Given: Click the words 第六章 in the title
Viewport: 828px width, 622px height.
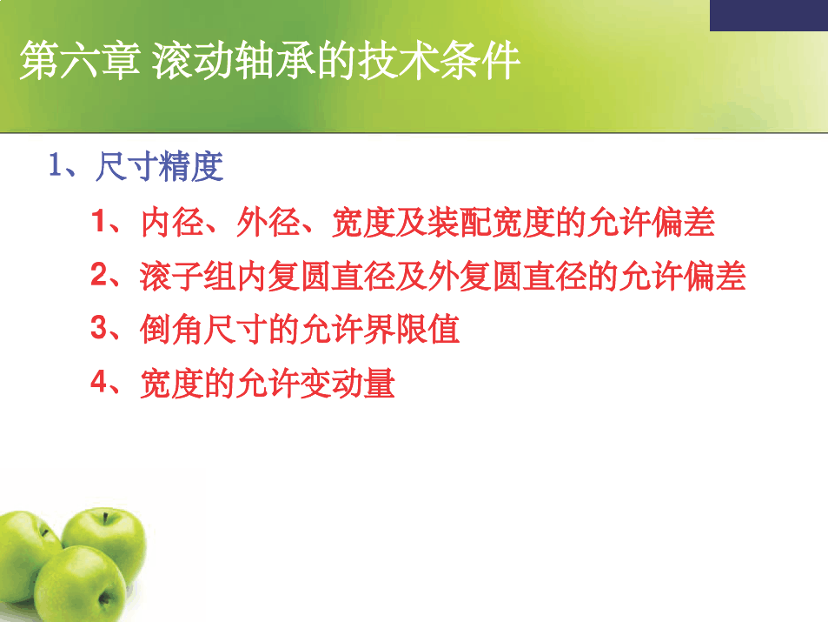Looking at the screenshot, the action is click(80, 60).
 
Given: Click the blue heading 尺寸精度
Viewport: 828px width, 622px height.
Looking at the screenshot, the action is click(159, 167).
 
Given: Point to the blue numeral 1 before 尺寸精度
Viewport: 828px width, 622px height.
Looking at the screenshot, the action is click(56, 164).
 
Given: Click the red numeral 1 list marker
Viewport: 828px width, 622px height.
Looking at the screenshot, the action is click(99, 220).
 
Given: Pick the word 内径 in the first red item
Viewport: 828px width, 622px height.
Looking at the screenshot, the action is click(172, 222).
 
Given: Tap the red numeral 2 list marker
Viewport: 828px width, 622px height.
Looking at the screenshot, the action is click(99, 275).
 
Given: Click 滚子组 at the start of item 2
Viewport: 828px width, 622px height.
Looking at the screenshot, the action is click(188, 277).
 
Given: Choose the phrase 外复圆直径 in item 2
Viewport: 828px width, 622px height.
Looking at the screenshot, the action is click(507, 277).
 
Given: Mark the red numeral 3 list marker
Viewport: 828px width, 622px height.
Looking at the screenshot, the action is click(99, 327).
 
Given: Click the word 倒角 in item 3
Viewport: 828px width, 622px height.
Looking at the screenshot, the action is click(172, 330).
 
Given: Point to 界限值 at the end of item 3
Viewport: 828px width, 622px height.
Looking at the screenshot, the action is click(411, 330).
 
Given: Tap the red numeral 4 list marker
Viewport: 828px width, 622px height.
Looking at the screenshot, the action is click(99, 381).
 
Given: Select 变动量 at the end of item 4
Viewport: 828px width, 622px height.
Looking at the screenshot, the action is click(348, 384).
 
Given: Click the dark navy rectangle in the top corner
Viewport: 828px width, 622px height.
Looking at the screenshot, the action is click(769, 16).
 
